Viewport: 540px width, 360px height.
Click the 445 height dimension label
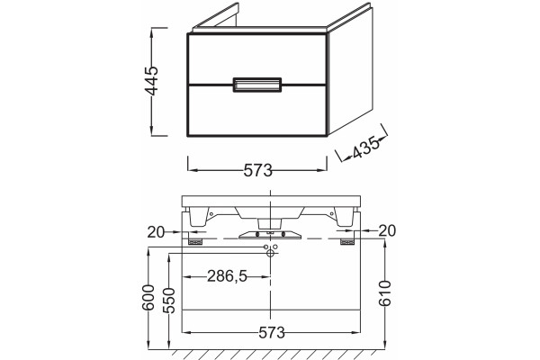point(152,81)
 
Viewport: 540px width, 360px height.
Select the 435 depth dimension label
point(365,148)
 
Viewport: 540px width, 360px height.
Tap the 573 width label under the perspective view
point(258,170)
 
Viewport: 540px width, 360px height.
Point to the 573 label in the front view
point(272,333)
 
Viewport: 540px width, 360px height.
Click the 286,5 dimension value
point(228,276)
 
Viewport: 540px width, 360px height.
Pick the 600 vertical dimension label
point(148,297)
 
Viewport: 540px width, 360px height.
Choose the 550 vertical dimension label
point(169,301)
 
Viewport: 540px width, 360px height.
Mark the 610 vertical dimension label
point(384,293)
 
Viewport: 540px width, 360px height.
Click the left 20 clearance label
point(156,232)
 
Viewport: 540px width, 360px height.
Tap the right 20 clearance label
point(387,230)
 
